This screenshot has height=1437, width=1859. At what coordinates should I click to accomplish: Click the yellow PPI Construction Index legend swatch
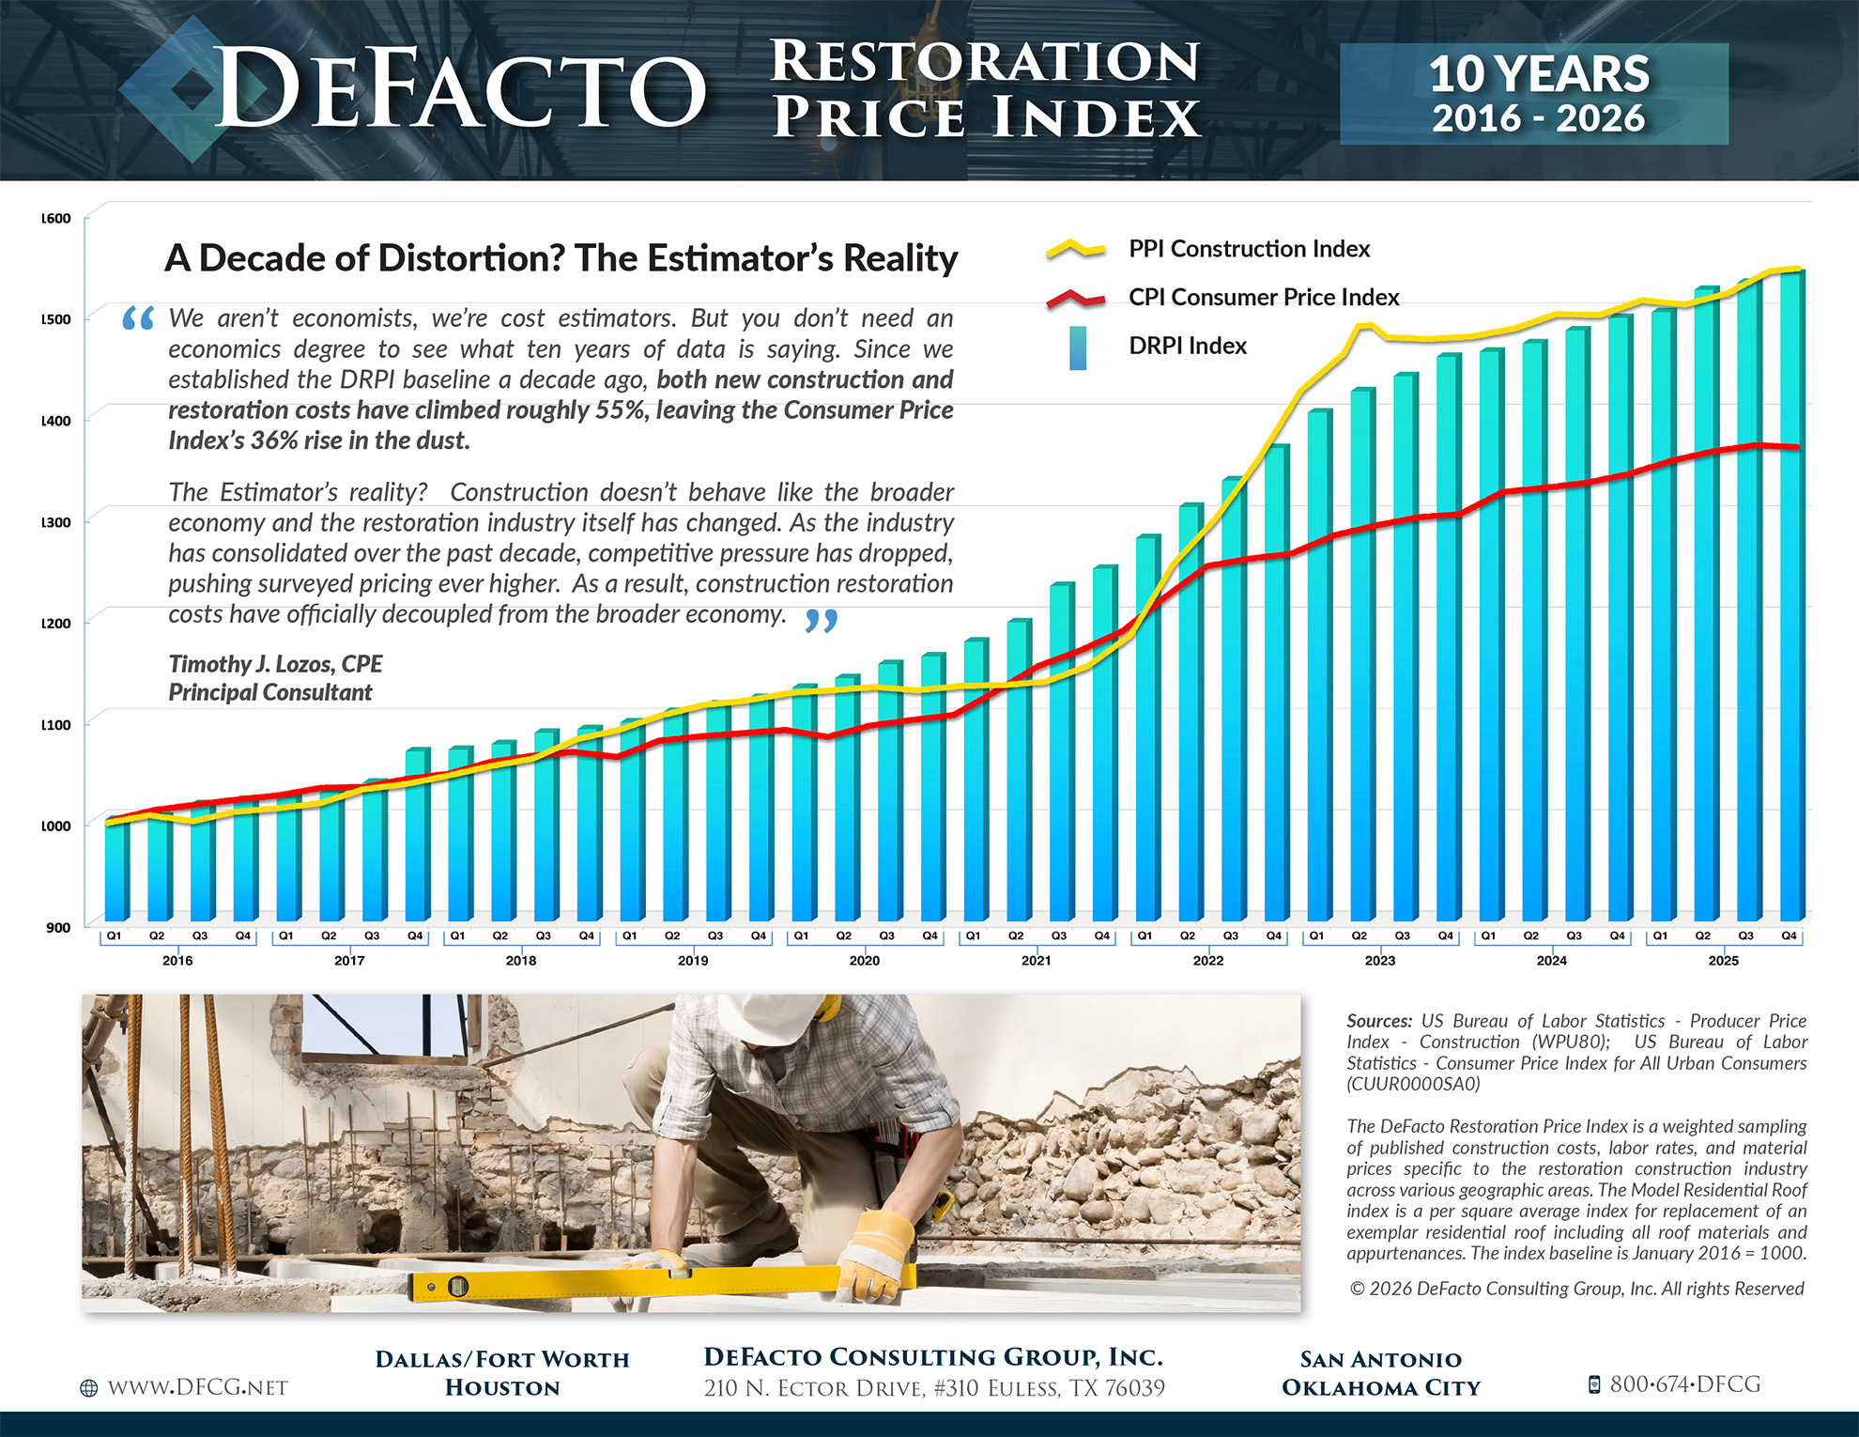tap(1076, 249)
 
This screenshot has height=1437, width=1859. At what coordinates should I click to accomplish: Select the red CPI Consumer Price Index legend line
tap(1076, 299)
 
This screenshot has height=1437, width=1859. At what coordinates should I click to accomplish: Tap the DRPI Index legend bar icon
tap(1078, 348)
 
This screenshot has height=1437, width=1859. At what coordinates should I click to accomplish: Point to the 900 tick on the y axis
tap(58, 927)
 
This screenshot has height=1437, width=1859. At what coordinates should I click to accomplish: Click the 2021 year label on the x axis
tap(1036, 960)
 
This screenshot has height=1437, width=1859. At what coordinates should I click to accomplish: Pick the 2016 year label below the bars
tap(177, 960)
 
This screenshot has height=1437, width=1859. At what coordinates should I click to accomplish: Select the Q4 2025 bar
tap(1790, 601)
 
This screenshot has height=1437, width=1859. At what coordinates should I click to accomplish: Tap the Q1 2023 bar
tap(1318, 667)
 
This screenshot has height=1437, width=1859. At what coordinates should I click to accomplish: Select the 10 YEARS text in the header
tap(1538, 73)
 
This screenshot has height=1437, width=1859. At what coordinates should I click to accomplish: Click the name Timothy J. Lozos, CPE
tap(275, 664)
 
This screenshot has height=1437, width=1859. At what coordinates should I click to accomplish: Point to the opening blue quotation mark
tap(138, 319)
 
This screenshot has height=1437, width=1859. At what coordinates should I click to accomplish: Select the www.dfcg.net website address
tap(197, 1387)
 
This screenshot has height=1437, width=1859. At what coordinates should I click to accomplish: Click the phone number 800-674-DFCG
tap(1684, 1384)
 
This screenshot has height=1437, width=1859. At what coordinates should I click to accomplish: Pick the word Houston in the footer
tap(502, 1387)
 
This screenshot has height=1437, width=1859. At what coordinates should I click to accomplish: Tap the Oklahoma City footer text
tap(1380, 1387)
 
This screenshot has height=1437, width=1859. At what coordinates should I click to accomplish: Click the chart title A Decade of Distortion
tap(561, 258)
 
